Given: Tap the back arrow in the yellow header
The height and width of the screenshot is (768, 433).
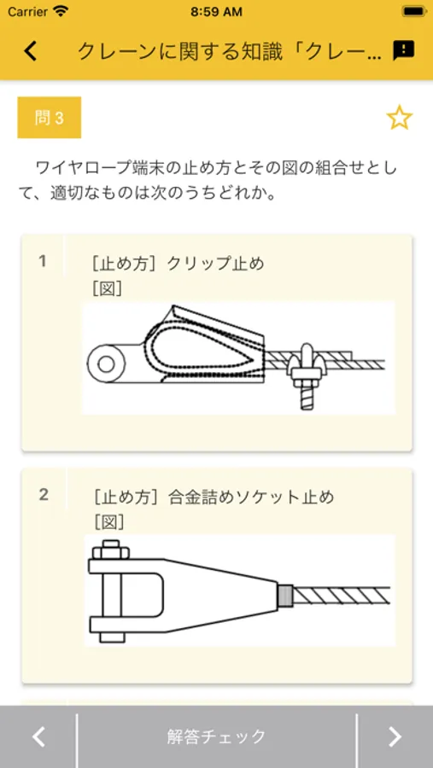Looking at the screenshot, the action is coord(31,51).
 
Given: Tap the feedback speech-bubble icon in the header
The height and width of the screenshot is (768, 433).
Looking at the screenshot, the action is coord(404,50).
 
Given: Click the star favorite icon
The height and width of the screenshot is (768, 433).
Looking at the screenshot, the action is coord(400,118).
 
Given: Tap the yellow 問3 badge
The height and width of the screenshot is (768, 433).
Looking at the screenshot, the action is coord(49,118).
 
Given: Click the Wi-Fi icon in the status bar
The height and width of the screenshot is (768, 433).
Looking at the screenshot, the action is coord(61,11).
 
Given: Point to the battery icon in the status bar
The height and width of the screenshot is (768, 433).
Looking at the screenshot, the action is coord(414,11).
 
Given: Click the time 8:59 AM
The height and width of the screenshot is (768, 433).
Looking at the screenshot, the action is coord(216,12).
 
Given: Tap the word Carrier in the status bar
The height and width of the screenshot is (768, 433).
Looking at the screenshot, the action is coord(28,12).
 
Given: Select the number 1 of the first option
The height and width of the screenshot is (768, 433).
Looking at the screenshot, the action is coord(44,262).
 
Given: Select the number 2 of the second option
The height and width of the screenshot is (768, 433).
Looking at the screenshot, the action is coord(44,495).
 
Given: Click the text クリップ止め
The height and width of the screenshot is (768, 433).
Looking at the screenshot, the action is coord(216,264).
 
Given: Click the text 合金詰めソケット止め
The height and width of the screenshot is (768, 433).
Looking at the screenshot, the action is coord(250,497).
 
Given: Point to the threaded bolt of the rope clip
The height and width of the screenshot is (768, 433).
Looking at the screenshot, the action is coord(307,395).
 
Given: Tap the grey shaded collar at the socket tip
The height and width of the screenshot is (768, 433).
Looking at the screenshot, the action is coord(285,595).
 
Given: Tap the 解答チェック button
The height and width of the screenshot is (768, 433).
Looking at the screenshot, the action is coord(216,736).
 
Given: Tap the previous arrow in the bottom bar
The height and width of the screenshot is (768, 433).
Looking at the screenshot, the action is coord(38,736).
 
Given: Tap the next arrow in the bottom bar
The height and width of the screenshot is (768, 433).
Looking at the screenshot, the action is coord(395,736).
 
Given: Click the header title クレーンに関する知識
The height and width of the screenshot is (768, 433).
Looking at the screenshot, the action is coord(180,51).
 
